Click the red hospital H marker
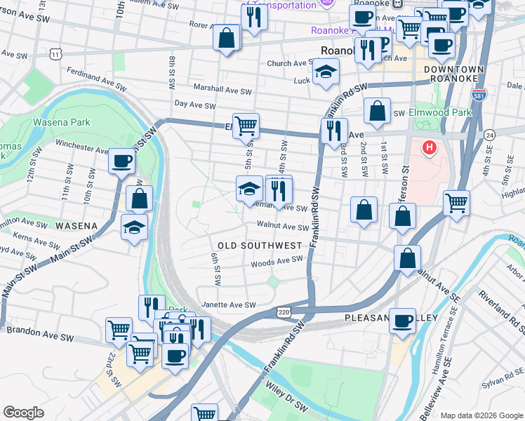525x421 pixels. click(x=429, y=148)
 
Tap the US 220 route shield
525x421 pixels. click(x=284, y=312)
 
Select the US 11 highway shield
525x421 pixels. click(x=56, y=53)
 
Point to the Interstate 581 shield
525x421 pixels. click(x=480, y=95)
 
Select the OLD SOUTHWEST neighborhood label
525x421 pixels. click(x=259, y=246)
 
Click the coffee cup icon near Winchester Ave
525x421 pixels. click(x=121, y=161)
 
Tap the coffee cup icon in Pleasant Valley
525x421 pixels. click(x=402, y=320)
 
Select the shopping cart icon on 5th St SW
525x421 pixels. click(x=246, y=126)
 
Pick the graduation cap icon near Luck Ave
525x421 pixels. click(x=325, y=72)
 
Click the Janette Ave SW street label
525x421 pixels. click(x=228, y=305)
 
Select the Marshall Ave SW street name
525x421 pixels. click(x=222, y=91)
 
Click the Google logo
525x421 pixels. click(x=24, y=413)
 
